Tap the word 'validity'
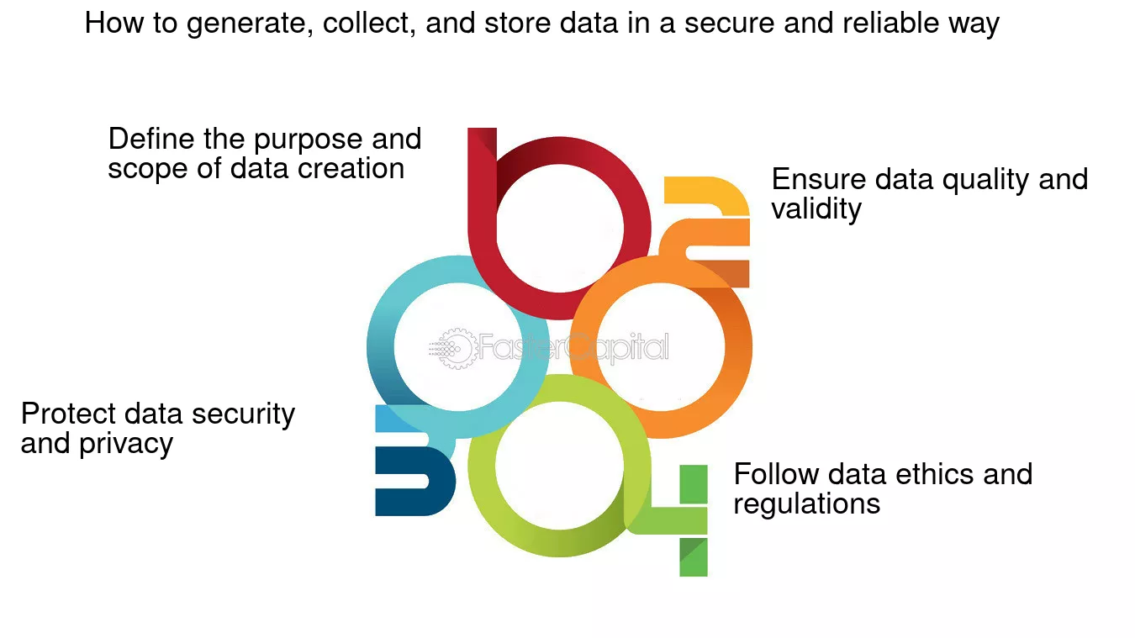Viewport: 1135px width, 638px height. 816,208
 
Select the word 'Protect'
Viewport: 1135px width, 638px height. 68,414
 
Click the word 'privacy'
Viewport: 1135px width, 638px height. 126,445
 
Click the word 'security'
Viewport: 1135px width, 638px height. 243,415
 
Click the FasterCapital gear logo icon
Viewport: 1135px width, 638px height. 452,349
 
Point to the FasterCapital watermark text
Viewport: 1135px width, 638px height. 573,348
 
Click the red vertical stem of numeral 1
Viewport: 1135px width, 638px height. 482,192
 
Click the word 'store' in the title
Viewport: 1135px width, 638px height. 517,24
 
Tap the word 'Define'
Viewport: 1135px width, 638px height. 151,139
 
